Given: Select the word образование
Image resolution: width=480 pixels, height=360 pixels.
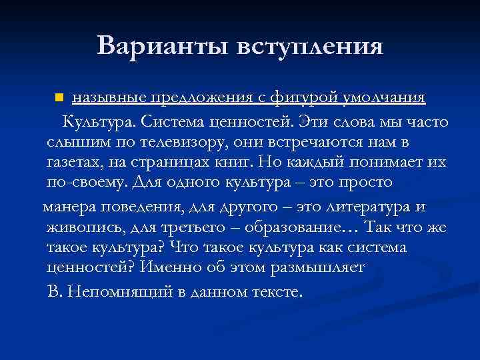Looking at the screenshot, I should [x=289, y=227].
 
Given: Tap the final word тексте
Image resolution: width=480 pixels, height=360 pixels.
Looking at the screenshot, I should [x=275, y=291].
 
